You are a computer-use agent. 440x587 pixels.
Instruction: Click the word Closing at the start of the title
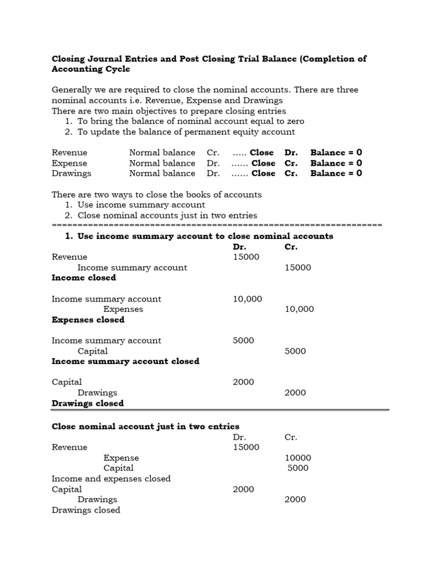click(68, 58)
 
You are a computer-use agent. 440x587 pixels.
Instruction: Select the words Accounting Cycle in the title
click(91, 69)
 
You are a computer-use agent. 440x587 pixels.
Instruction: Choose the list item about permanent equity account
click(186, 132)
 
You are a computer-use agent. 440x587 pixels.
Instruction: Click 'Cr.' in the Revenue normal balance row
click(213, 153)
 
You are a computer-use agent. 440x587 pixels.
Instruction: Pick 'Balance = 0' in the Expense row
click(336, 163)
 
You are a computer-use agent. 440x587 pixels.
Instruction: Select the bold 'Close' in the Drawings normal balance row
click(263, 174)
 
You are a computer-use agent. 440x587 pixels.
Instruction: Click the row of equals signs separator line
click(217, 225)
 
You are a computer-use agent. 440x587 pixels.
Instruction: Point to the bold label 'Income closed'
click(84, 278)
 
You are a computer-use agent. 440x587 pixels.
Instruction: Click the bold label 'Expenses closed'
click(88, 320)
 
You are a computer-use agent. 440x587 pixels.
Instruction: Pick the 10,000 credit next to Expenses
click(299, 310)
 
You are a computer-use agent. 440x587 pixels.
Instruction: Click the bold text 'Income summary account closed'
click(125, 362)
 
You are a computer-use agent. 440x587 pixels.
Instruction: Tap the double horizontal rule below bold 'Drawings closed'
click(220, 410)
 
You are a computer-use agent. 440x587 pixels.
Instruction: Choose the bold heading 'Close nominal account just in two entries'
click(146, 426)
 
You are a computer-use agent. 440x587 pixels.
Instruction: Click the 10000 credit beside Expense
click(298, 458)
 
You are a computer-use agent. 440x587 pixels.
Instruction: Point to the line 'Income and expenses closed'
click(111, 479)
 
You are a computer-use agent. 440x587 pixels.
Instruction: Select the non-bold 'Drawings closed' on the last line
click(86, 510)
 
